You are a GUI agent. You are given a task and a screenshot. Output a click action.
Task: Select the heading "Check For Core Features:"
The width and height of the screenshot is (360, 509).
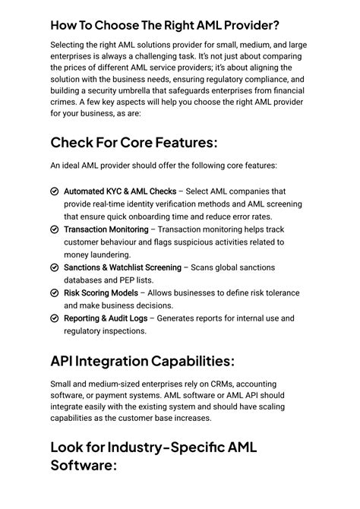coord(134,142)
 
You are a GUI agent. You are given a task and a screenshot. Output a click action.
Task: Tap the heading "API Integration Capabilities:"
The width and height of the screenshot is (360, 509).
coord(142,360)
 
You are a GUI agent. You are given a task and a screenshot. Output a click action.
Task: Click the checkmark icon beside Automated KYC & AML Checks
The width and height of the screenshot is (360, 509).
coord(55,191)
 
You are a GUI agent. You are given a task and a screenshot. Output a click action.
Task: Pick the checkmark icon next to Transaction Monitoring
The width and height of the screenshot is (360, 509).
coord(55,229)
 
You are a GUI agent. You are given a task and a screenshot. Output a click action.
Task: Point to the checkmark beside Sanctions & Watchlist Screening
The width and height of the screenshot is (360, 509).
coord(55,267)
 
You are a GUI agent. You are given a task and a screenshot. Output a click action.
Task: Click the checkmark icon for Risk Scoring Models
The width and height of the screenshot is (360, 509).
coord(55,292)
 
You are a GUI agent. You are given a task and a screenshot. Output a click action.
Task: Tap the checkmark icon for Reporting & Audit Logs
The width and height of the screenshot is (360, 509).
coord(55,318)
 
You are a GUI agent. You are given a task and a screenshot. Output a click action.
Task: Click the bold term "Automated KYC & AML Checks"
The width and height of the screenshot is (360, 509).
coord(120,191)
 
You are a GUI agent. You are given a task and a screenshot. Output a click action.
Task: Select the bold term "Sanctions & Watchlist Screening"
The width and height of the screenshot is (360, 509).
coord(122,267)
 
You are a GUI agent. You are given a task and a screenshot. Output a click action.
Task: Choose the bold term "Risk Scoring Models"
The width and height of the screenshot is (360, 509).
coord(101,292)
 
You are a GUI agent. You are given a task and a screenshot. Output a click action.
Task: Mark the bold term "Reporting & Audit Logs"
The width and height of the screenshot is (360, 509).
coord(106,318)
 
